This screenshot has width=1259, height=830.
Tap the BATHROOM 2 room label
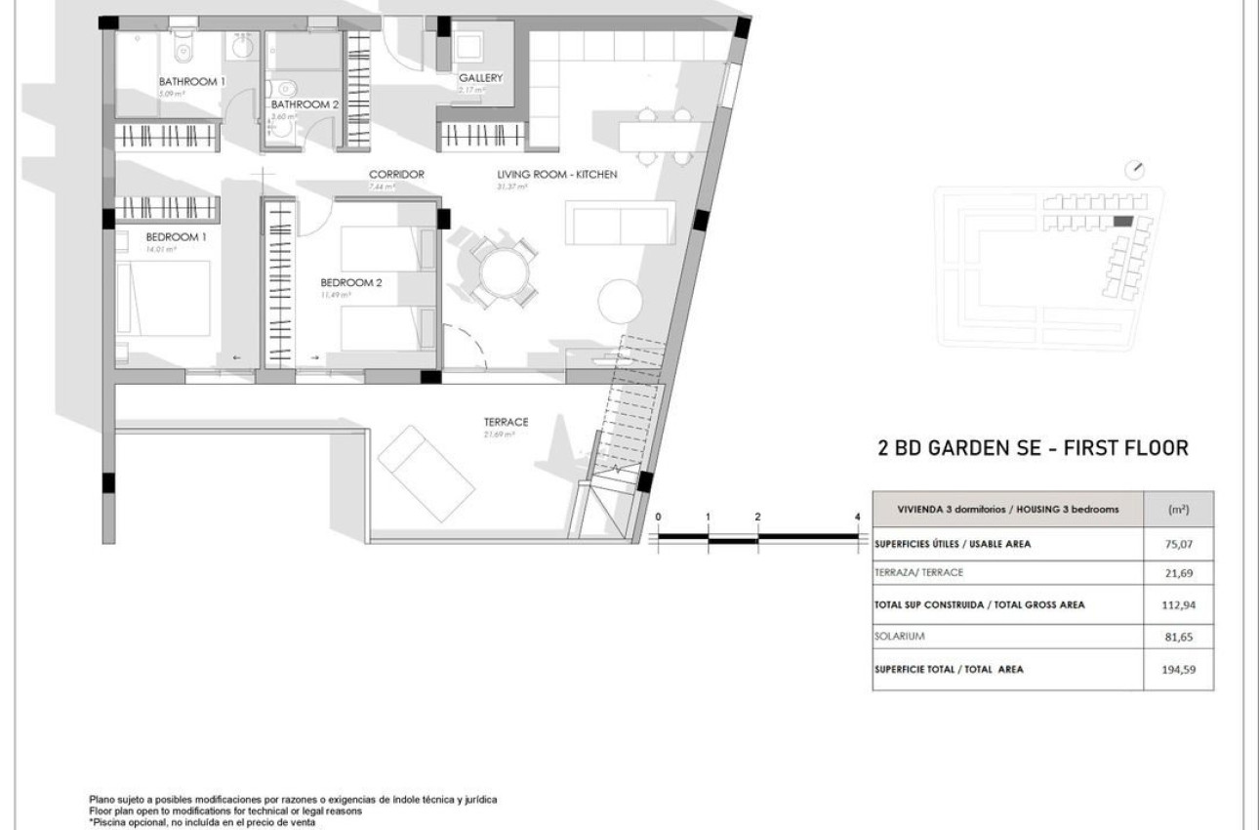pos(305,104)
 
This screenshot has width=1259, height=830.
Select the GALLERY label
pos(480,78)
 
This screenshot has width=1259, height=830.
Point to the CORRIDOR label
pos(396,175)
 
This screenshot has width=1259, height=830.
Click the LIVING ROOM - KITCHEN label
pos(557,175)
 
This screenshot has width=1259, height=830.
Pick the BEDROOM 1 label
pos(177,237)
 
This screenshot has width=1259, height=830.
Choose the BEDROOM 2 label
pos(351,283)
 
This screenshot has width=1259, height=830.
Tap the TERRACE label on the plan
pos(506,422)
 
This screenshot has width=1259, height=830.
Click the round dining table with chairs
pos(503,272)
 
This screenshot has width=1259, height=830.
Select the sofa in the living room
pos(621,225)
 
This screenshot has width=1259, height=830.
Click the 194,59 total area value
pos(1180,670)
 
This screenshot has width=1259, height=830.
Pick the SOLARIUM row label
pos(898,637)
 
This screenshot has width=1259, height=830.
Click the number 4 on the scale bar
pos(856,517)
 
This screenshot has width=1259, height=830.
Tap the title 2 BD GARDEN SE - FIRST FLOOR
pos(1034,449)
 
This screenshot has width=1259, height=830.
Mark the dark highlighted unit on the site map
pos(1124,223)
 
